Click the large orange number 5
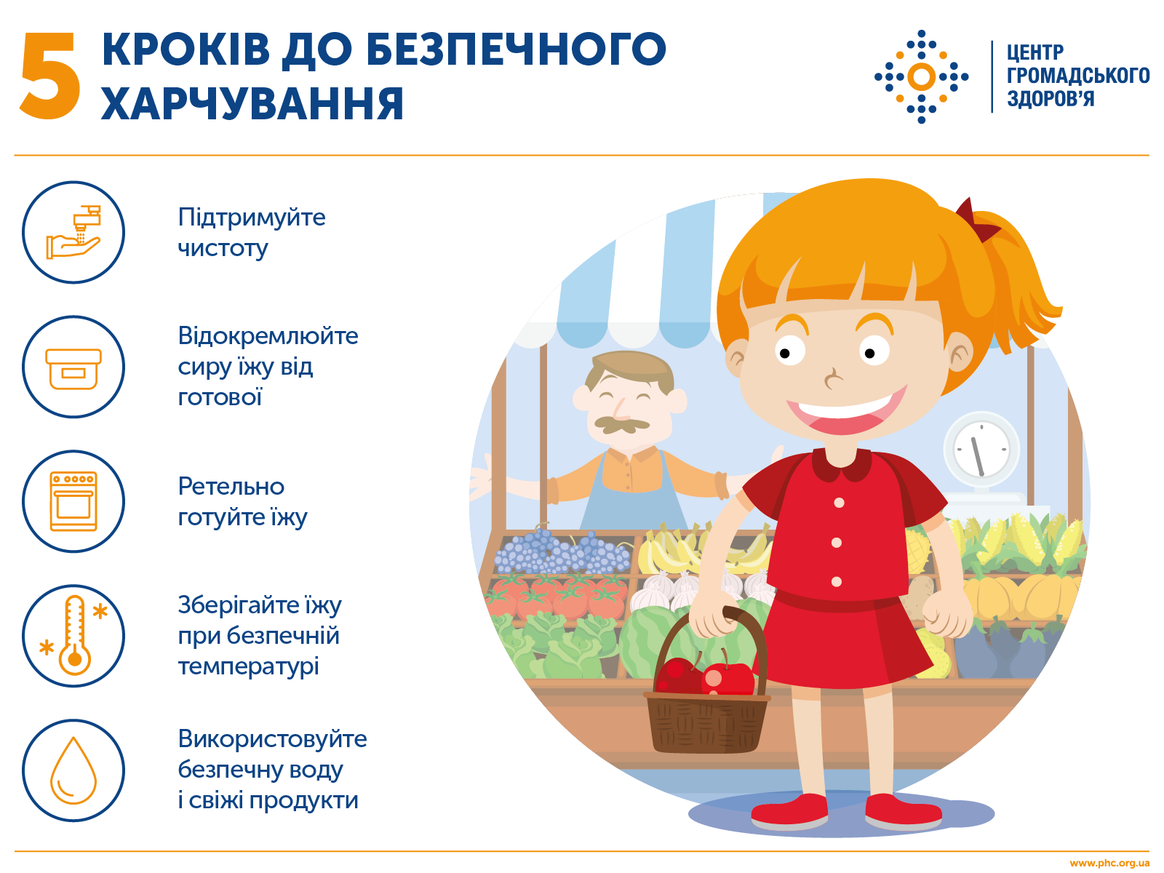[x=49, y=76]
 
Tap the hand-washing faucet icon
[x=73, y=232]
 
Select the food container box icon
[x=73, y=367]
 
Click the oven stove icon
[x=73, y=501]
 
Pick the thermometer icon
[x=73, y=636]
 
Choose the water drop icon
[x=73, y=770]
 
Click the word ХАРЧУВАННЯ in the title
[x=252, y=104]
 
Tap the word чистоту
[x=223, y=248]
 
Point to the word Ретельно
[x=231, y=486]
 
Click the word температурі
[x=248, y=666]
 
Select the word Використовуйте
[x=272, y=738]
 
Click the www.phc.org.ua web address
[x=1109, y=864]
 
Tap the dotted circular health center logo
[x=921, y=76]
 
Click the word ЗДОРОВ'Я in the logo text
[x=1050, y=99]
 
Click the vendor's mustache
[x=621, y=423]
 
